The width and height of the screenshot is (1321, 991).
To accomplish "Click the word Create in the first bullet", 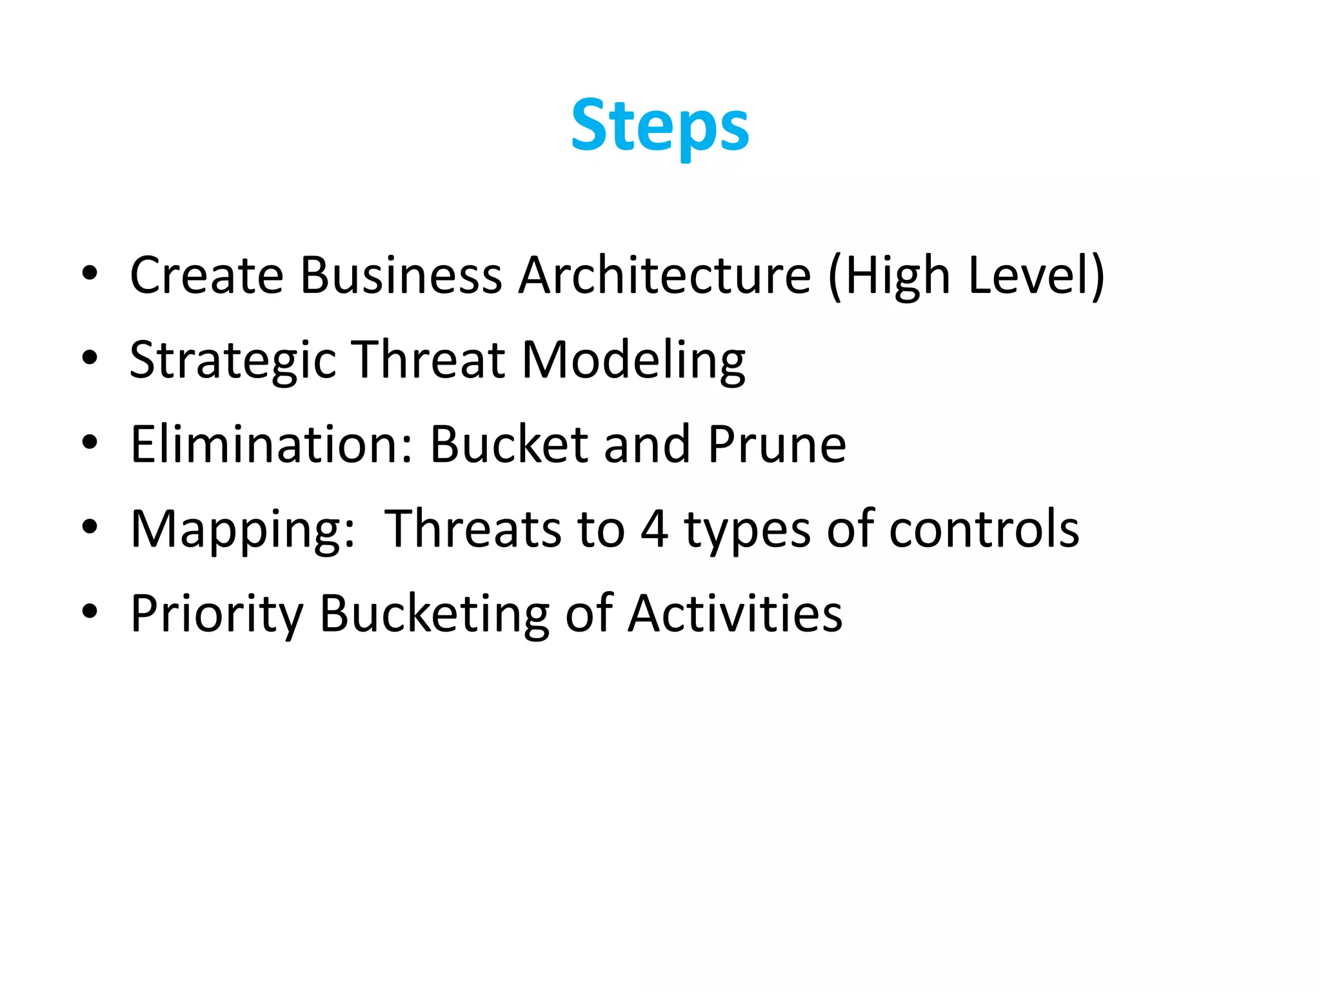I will click(x=206, y=275).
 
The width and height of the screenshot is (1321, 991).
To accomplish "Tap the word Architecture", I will click(x=664, y=275).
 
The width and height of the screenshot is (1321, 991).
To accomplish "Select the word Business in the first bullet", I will click(x=401, y=275).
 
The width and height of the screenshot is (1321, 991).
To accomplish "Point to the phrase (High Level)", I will click(x=966, y=276).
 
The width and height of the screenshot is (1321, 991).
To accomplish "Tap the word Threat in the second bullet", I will click(x=428, y=360).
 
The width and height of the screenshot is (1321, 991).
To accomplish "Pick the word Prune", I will click(x=777, y=445).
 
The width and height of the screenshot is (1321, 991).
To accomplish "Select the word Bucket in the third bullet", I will click(x=509, y=445).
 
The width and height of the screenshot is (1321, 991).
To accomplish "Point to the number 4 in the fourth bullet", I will click(x=654, y=529).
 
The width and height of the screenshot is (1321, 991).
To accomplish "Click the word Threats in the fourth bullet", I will click(x=473, y=529).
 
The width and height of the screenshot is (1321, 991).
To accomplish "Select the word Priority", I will click(x=217, y=614).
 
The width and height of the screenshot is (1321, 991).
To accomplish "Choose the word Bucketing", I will click(x=434, y=614).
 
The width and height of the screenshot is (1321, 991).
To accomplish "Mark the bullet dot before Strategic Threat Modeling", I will click(x=90, y=358).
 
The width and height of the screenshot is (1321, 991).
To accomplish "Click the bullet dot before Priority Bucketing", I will click(x=90, y=611).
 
